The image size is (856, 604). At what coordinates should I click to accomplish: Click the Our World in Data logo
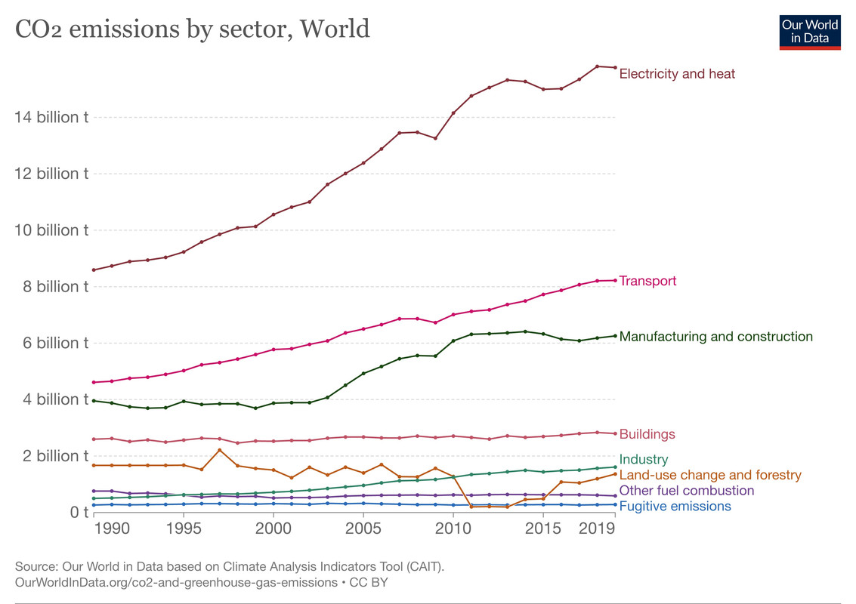pyautogui.click(x=810, y=31)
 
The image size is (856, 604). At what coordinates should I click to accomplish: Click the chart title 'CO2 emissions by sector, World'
pyautogui.click(x=193, y=29)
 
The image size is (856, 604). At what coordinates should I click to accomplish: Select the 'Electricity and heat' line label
pyautogui.click(x=677, y=74)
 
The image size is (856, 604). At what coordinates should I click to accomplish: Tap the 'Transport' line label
pyautogui.click(x=647, y=281)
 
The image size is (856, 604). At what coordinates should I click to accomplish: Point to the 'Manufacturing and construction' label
pyautogui.click(x=715, y=337)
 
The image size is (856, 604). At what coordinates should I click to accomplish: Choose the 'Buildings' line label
pyautogui.click(x=647, y=434)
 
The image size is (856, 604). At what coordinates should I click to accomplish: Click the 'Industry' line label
pyautogui.click(x=644, y=459)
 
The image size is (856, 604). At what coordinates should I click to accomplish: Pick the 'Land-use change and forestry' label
pyautogui.click(x=709, y=475)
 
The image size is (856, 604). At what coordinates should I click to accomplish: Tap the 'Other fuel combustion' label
pyautogui.click(x=686, y=491)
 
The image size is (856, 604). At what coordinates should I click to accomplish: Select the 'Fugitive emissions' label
pyautogui.click(x=675, y=507)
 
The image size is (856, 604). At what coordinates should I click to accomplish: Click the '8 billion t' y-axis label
pyautogui.click(x=49, y=287)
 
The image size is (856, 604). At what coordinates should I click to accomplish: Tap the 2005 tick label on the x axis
pyautogui.click(x=363, y=527)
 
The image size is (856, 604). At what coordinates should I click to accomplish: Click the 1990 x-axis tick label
pyautogui.click(x=111, y=527)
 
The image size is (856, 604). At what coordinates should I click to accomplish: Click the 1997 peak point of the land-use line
pyautogui.click(x=219, y=450)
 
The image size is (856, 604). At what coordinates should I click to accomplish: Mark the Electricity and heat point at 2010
pyautogui.click(x=453, y=113)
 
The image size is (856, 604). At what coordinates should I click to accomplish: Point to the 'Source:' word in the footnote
pyautogui.click(x=35, y=566)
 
